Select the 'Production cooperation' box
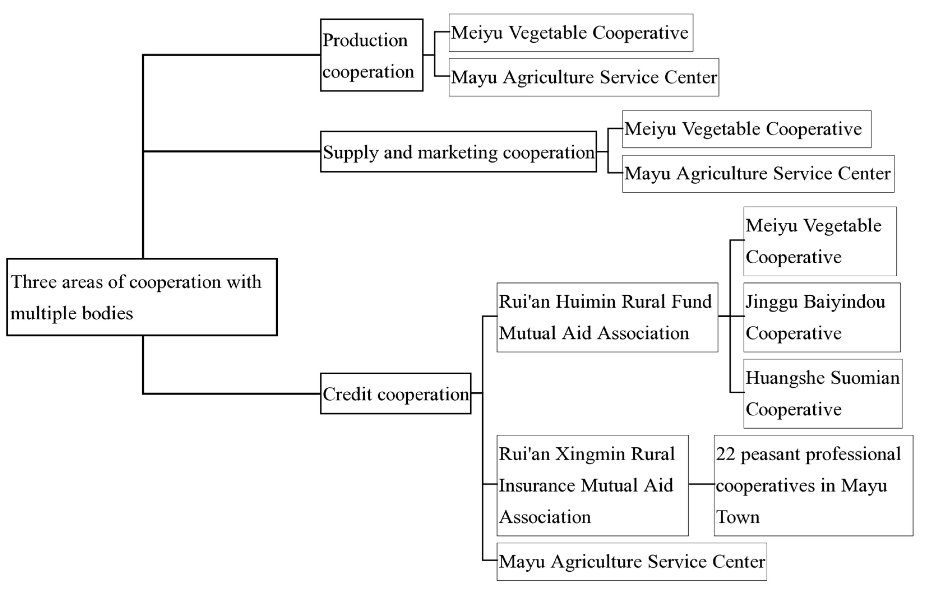click(371, 55)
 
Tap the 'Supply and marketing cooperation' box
click(459, 152)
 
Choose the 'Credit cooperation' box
click(395, 393)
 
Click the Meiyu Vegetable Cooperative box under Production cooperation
click(571, 33)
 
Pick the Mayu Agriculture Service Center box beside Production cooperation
click(584, 77)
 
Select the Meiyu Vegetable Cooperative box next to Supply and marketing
click(746, 129)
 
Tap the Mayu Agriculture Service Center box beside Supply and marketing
click(758, 174)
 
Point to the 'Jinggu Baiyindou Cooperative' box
click(821, 317)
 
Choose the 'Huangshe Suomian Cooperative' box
click(823, 393)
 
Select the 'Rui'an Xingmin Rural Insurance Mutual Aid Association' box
click(592, 485)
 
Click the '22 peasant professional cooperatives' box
click(813, 485)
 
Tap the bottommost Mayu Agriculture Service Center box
click(631, 562)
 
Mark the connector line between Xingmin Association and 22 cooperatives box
click(701, 484)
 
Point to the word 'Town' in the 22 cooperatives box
click(738, 517)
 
